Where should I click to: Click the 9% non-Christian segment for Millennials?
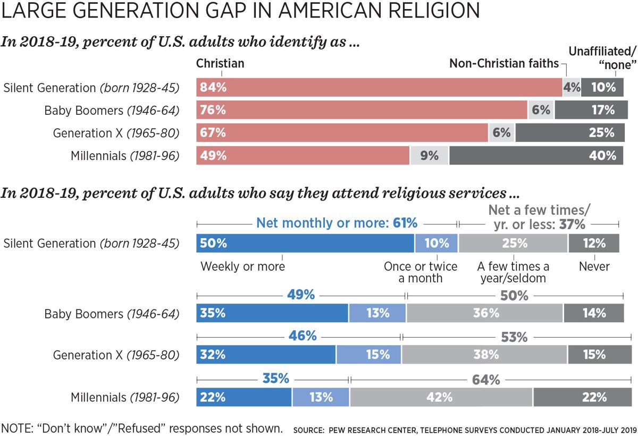coord(429,156)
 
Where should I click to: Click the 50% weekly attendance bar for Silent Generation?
coord(305,243)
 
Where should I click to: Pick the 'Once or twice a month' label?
coord(421,272)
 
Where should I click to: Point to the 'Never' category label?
coord(594,266)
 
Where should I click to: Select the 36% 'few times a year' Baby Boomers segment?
coord(484,313)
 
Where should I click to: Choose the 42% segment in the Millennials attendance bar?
coord(441,397)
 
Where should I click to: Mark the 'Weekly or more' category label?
coord(242,266)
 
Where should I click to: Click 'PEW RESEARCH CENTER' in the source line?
coord(378,428)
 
